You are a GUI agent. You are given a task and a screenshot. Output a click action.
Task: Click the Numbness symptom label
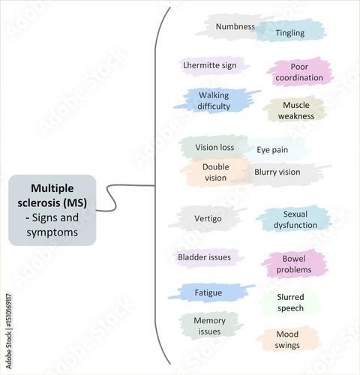(x=235, y=27)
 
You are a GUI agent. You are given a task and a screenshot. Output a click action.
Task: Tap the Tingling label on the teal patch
(x=289, y=33)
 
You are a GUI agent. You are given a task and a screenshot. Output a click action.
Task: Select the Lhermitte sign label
(x=209, y=65)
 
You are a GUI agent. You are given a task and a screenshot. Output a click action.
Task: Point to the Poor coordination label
(x=298, y=73)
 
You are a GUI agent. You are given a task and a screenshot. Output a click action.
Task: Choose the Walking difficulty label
(x=214, y=100)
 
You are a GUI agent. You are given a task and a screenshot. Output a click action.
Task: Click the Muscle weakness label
(x=295, y=110)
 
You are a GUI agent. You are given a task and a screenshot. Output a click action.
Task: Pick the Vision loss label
(x=214, y=147)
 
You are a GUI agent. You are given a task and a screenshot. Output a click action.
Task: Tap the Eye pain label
(x=272, y=150)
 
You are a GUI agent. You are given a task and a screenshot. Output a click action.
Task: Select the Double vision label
(x=214, y=172)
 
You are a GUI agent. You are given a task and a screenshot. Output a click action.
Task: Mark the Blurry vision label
(x=277, y=172)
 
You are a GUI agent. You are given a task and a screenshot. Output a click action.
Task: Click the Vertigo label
(x=207, y=218)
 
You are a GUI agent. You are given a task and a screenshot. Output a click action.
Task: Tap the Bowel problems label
(x=294, y=263)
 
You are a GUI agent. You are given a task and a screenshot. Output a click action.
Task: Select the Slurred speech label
(x=290, y=302)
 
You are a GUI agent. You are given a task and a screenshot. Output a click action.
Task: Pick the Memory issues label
(x=210, y=325)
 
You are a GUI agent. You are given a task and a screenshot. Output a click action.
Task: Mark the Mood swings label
(x=287, y=340)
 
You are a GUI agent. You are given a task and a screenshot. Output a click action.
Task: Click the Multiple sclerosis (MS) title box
(x=52, y=210)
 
